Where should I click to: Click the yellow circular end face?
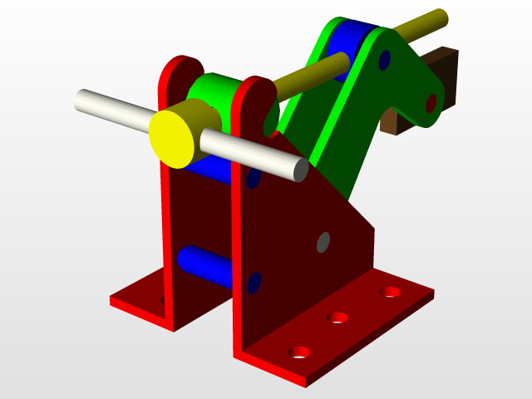pyautogui.click(x=172, y=138)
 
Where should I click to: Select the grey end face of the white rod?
pyautogui.click(x=300, y=170)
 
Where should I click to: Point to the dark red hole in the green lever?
pyautogui.click(x=431, y=103)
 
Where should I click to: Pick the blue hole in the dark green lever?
pyautogui.click(x=384, y=60)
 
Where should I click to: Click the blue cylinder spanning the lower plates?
pyautogui.click(x=204, y=265)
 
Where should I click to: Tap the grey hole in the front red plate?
pyautogui.click(x=323, y=242)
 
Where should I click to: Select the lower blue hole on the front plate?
pyautogui.click(x=254, y=283)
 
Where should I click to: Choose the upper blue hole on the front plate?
pyautogui.click(x=254, y=177)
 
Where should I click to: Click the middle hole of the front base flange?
pyautogui.click(x=337, y=317)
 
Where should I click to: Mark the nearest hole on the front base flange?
pyautogui.click(x=298, y=352)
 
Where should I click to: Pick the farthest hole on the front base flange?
pyautogui.click(x=389, y=292)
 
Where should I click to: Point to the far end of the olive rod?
pyautogui.click(x=441, y=17)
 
